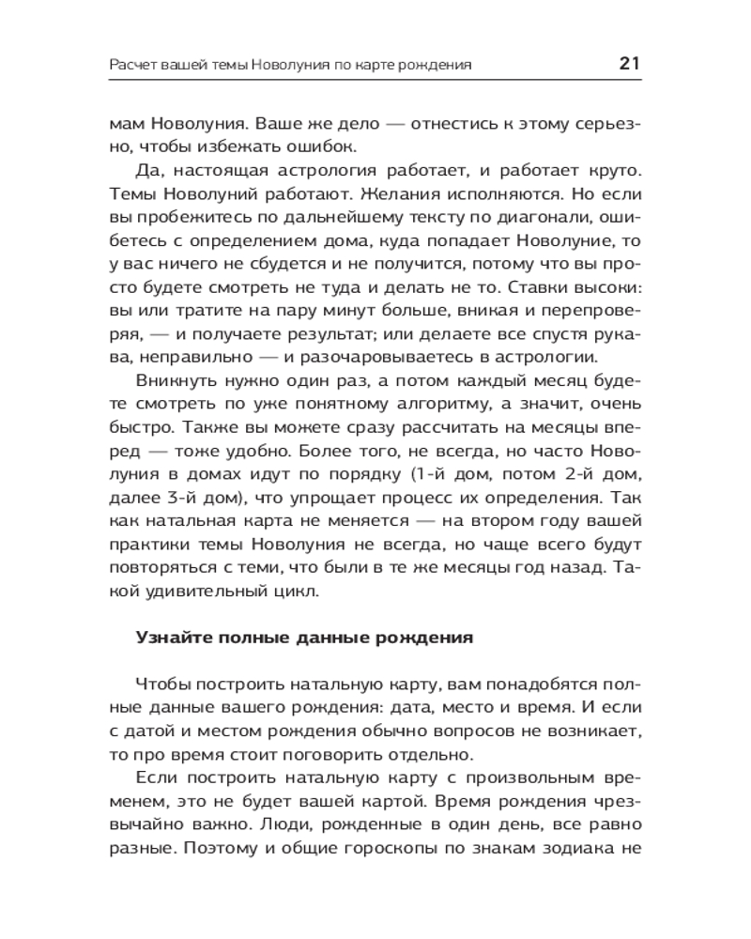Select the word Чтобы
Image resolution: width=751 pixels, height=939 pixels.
pos(160,683)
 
